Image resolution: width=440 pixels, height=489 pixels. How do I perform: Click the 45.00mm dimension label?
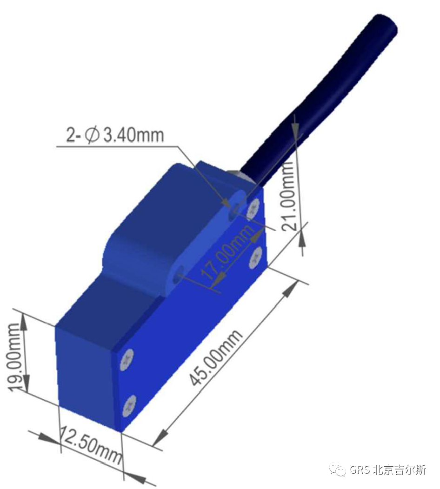215,357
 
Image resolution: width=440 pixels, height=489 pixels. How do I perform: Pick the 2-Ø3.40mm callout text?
115,135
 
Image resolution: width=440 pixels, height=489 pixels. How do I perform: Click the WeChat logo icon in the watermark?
339,469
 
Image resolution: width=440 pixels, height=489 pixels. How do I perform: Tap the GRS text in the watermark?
360,469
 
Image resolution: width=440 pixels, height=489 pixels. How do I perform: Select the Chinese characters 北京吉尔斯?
399,469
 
